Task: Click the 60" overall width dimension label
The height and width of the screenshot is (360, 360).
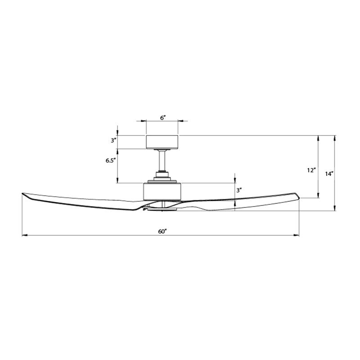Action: pos(162,231)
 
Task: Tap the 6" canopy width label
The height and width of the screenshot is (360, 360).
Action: pos(162,117)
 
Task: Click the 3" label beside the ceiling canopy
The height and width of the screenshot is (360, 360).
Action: pos(113,140)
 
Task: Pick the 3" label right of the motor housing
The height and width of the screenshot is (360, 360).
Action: pos(240,190)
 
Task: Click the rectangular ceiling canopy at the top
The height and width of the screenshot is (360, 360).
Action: pos(162,142)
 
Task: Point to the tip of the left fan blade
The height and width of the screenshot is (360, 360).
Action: pos(23,194)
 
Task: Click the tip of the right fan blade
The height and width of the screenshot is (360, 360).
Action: pos(297,195)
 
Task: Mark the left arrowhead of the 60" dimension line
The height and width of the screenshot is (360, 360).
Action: pos(24,235)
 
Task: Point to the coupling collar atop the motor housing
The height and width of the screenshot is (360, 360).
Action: pos(162,176)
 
